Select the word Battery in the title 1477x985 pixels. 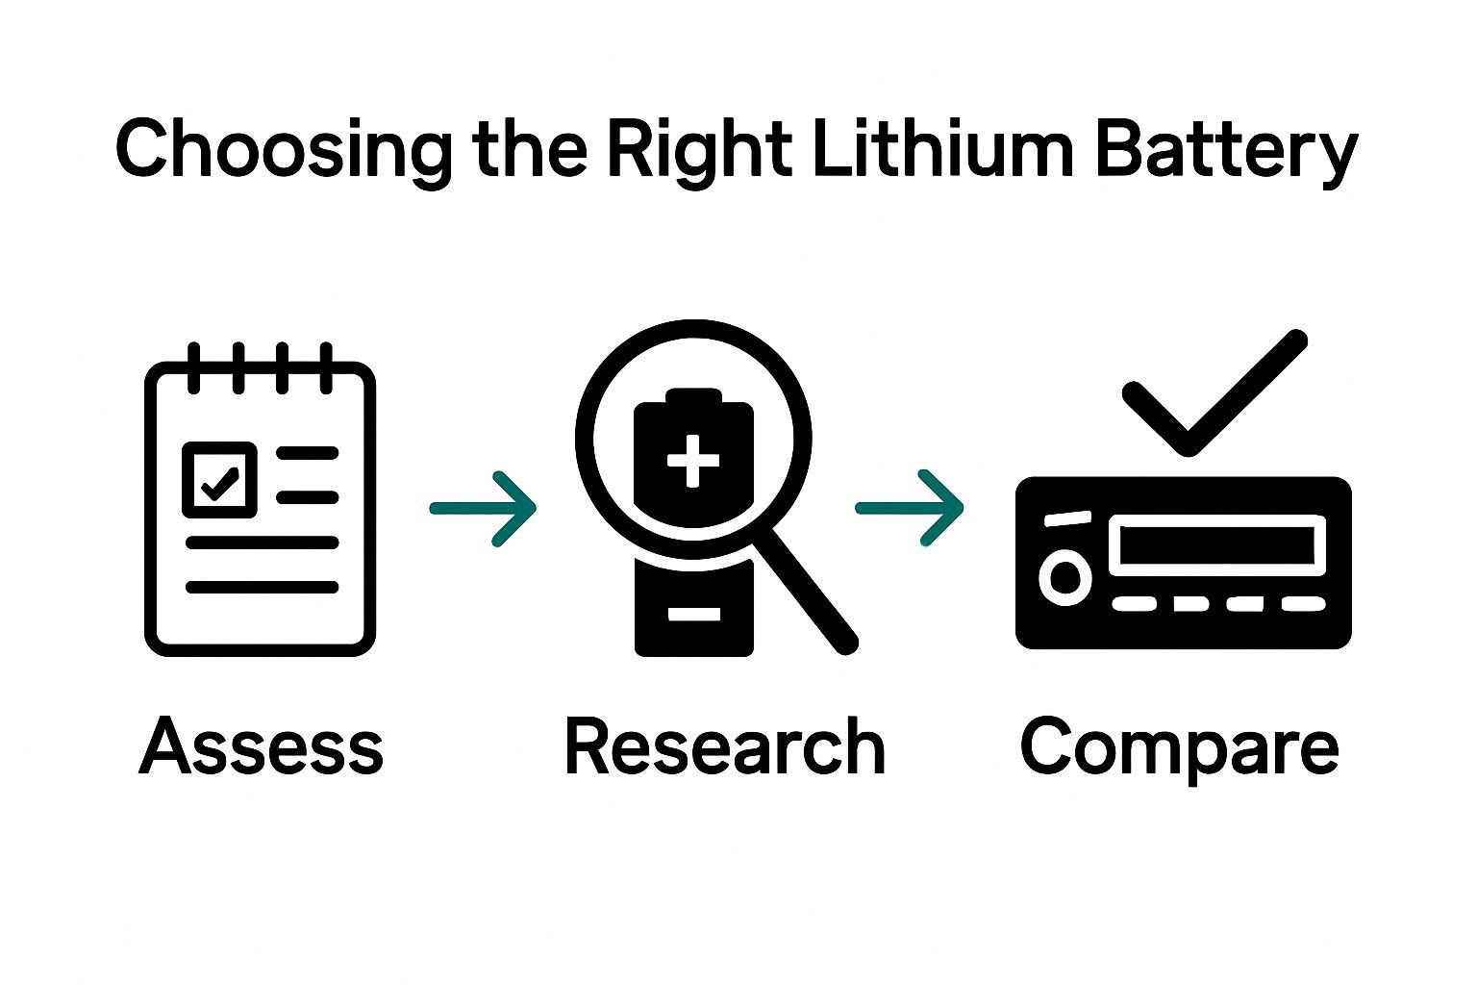pos(1225,151)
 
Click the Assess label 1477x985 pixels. pos(262,747)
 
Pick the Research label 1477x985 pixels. pos(724,747)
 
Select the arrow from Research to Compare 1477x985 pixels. pos(910,508)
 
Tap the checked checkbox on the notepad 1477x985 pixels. pos(220,480)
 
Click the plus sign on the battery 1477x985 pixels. pos(692,461)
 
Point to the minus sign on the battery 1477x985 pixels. pos(693,614)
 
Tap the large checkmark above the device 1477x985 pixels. pos(1214,394)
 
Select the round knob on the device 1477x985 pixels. pos(1065,577)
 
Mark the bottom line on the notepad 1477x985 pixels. pos(262,587)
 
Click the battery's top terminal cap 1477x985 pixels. pos(692,396)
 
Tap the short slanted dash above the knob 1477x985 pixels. pos(1067,518)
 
